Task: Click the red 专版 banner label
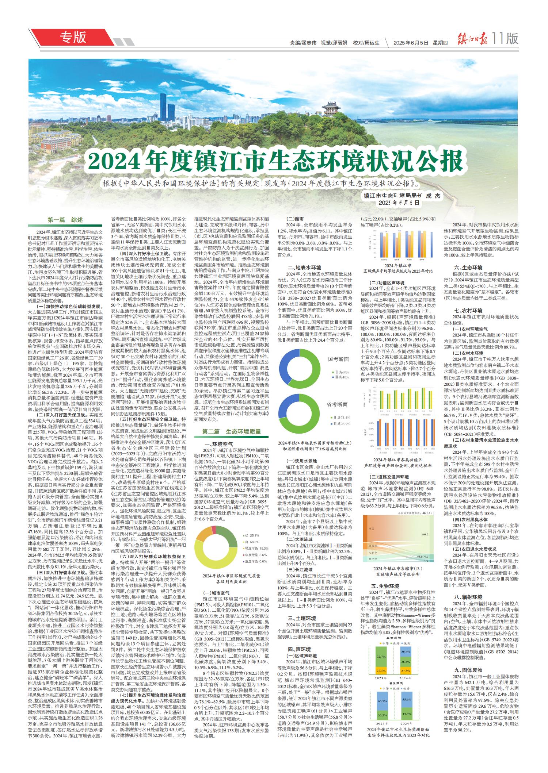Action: pyautogui.click(x=73, y=37)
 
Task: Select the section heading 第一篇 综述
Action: pyautogui.click(x=65, y=220)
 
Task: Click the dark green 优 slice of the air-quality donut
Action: pyautogui.click(x=228, y=540)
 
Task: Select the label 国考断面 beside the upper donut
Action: pyautogui.click(x=338, y=359)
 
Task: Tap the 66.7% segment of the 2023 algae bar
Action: pyautogui.click(x=382, y=701)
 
